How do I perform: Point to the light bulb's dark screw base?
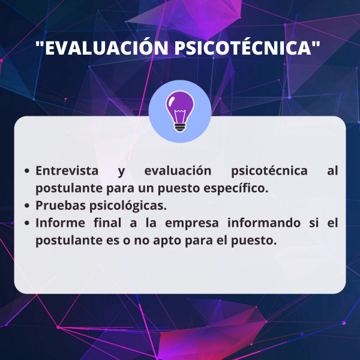point(180,127)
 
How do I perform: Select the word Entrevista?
point(67,170)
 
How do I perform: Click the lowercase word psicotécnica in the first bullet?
point(269,171)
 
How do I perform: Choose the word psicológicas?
point(128,206)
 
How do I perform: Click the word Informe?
point(60,223)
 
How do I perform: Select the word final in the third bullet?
point(107,223)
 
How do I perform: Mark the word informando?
point(264,223)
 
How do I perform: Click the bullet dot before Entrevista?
point(27,171)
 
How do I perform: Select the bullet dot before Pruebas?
point(27,205)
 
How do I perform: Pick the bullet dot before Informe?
point(27,223)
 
